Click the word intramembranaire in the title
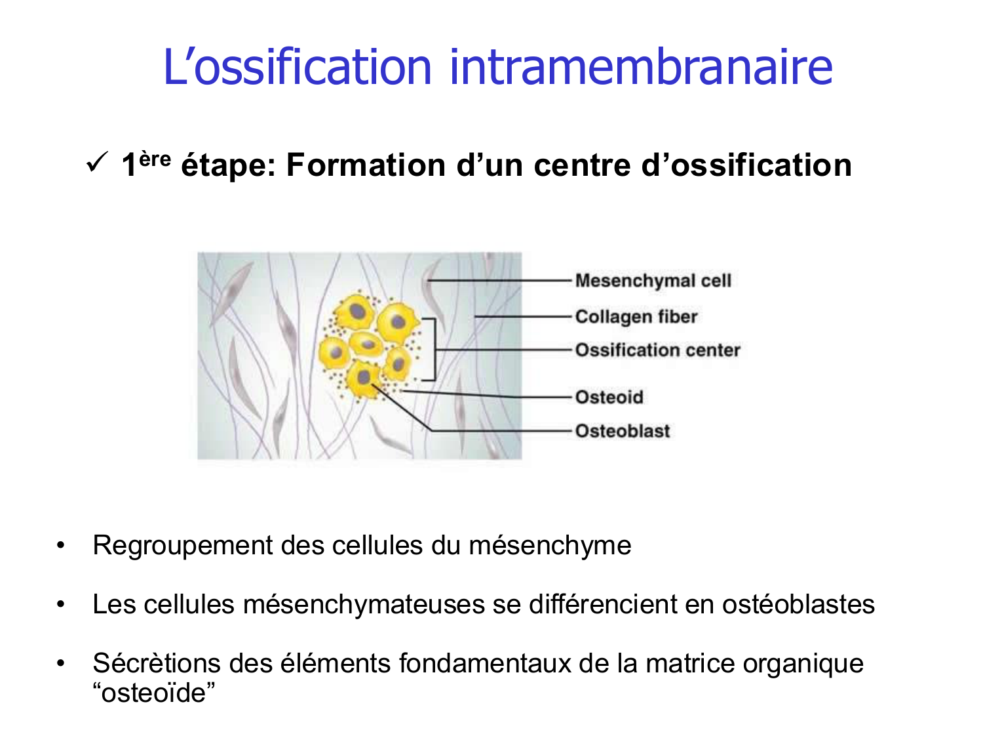click(641, 67)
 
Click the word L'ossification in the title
click(297, 67)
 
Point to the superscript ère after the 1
click(155, 159)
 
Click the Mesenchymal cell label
click(653, 281)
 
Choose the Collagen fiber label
click(636, 317)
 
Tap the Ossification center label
click(657, 350)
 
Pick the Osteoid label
click(609, 397)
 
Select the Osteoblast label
click(623, 431)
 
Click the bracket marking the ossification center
click(433, 350)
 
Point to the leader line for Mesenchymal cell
click(498, 281)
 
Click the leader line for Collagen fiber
click(524, 317)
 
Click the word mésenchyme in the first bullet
click(550, 546)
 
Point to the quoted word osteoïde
click(154, 693)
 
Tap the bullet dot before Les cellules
click(61, 604)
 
